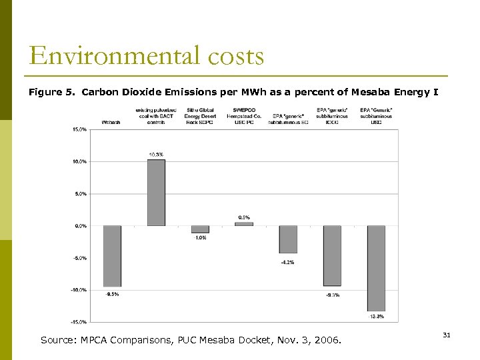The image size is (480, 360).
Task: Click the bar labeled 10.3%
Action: [x=156, y=193]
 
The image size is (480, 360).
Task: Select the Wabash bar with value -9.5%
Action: [x=112, y=256]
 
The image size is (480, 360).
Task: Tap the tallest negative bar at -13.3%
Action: [x=376, y=268]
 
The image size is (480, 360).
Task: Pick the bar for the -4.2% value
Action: [x=288, y=239]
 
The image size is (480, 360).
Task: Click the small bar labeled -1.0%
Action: [x=200, y=229]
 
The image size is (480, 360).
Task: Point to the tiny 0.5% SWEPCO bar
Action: [x=244, y=224]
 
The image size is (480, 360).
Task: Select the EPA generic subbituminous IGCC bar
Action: [x=332, y=255]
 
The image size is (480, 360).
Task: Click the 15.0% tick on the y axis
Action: [x=79, y=129]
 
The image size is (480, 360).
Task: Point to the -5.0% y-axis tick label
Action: [x=79, y=258]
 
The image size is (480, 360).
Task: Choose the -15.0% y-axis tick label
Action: [x=79, y=322]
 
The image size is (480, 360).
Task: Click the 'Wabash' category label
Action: [x=111, y=122]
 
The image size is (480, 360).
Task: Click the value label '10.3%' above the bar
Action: [x=156, y=155]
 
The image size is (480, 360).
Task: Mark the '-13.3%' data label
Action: [x=376, y=317]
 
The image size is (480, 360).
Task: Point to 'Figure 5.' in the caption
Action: [x=53, y=93]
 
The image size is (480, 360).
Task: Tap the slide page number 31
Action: [x=447, y=335]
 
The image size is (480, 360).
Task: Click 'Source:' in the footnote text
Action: [x=59, y=340]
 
